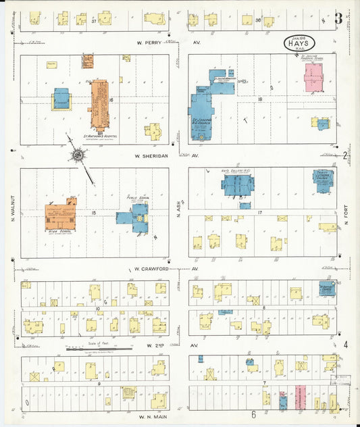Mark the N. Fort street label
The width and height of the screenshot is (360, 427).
[x=344, y=213]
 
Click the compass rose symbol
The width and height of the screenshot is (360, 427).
[x=78, y=156]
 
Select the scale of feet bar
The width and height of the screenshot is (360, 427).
[x=99, y=349]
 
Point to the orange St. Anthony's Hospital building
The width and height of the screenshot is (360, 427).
[x=99, y=104]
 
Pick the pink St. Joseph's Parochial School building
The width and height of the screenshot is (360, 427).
[x=313, y=78]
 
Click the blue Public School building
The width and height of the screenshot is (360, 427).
[x=134, y=217]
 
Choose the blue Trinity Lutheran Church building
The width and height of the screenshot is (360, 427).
[x=323, y=181]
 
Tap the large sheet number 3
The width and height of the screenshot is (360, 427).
[x=338, y=18]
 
